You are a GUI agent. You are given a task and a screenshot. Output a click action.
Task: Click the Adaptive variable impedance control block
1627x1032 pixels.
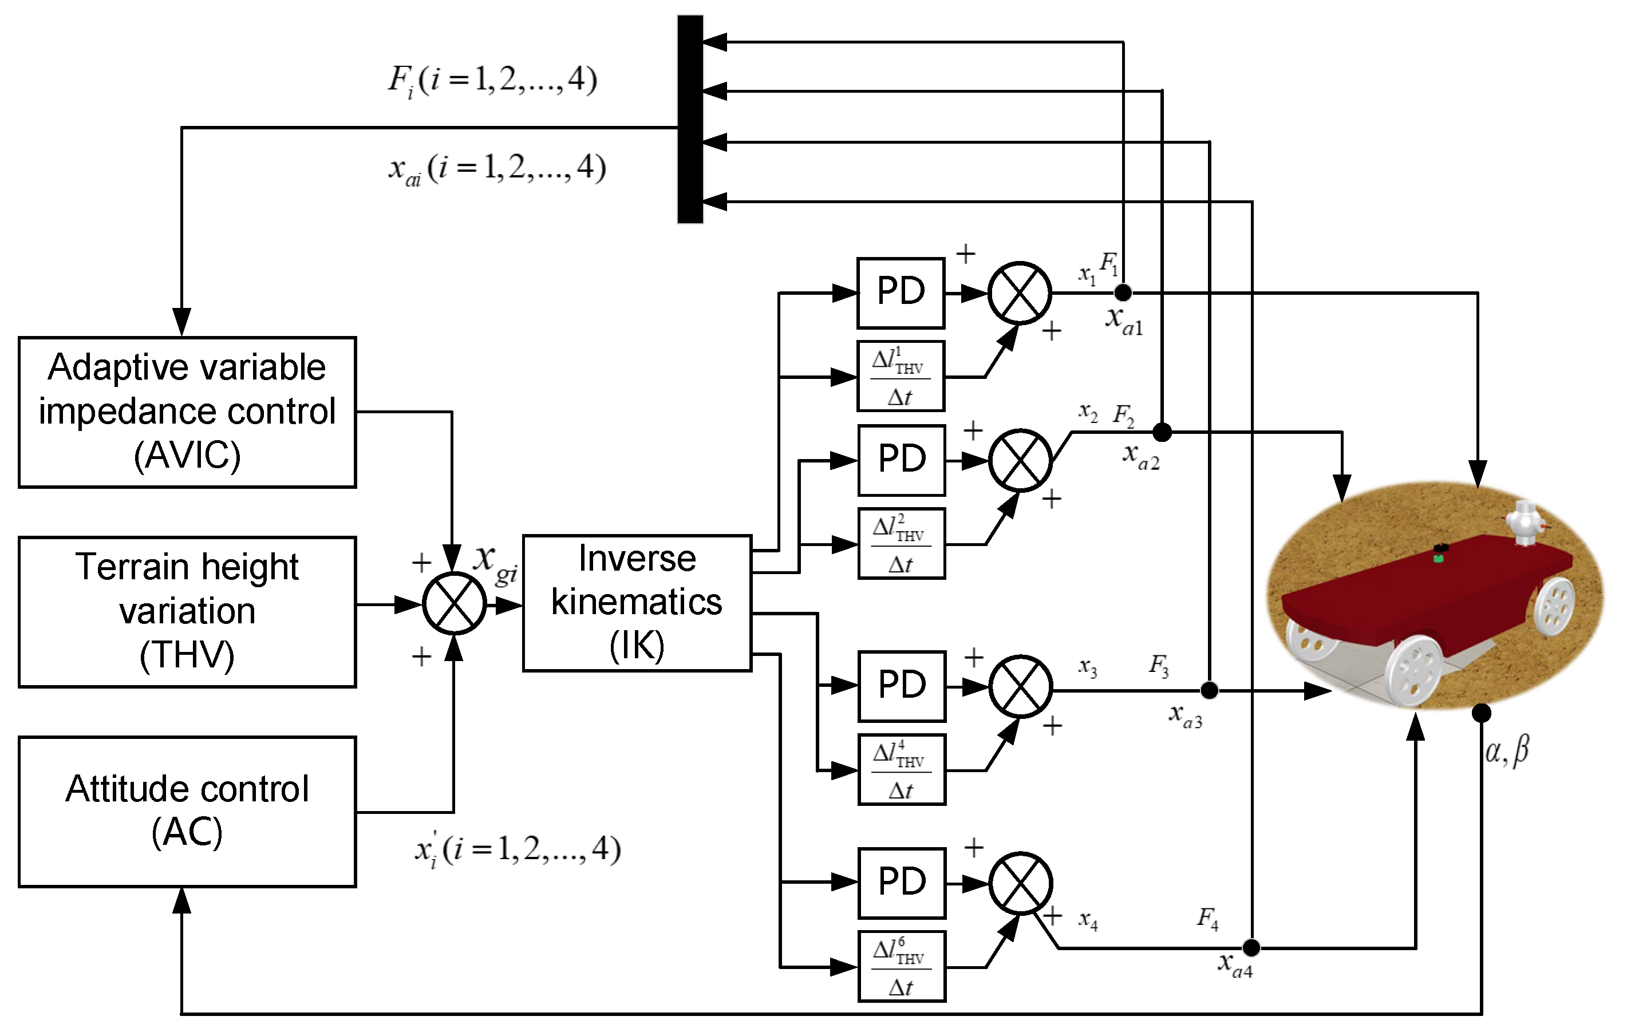pos(187,412)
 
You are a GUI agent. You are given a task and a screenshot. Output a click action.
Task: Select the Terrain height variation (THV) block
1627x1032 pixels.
pos(187,611)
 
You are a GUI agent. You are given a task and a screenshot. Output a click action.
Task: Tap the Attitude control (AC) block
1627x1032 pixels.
pos(187,811)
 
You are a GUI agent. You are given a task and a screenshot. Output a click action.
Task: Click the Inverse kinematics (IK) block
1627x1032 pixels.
pos(637,603)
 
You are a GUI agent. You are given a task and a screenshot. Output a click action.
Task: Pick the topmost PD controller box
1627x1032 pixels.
pos(901,292)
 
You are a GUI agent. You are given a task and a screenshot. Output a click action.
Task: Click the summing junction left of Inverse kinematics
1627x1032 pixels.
pos(454,603)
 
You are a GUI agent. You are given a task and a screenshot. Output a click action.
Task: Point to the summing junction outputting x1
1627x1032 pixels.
pos(1020,293)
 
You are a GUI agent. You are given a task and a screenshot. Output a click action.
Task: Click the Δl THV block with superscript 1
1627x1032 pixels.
pos(901,376)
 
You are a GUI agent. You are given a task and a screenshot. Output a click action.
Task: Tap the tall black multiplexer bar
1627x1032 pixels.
pos(690,119)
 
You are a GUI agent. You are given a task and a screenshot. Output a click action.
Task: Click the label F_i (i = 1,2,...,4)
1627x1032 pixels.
pos(492,81)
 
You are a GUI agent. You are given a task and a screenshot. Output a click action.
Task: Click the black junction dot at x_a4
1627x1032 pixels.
pos(1251,948)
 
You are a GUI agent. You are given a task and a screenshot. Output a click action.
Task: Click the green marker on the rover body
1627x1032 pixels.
pos(1439,558)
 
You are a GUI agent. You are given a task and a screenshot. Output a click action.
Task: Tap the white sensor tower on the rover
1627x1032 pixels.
pos(1525,523)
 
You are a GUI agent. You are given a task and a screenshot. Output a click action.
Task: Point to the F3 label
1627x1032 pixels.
pos(1159,665)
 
